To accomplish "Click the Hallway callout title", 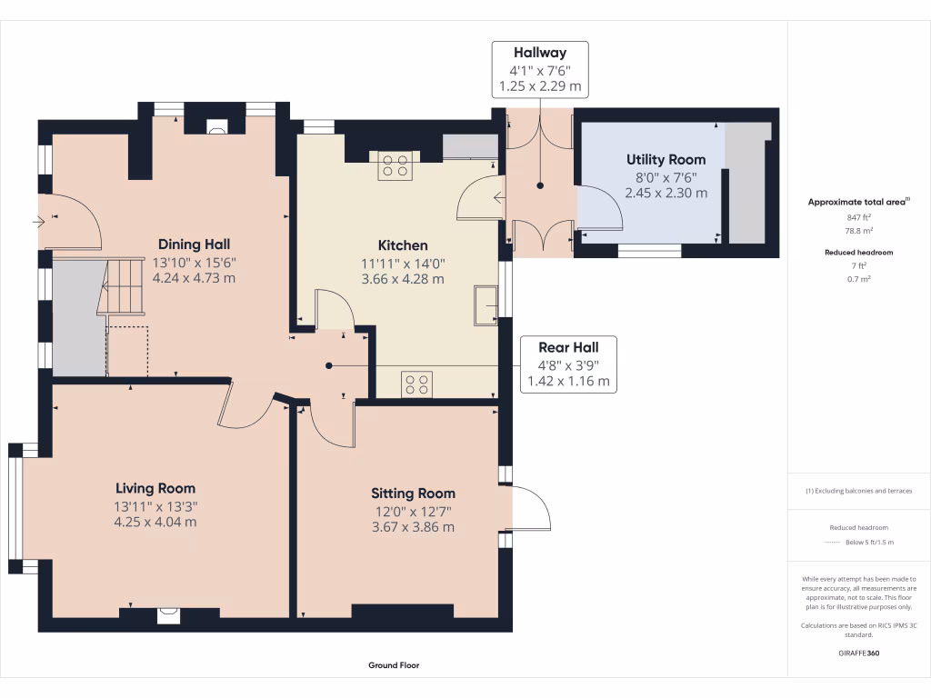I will tap(540, 54).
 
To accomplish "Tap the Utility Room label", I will tap(666, 159).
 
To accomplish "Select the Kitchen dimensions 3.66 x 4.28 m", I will tap(402, 279).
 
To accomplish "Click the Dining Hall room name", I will tap(194, 244).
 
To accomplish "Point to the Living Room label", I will tap(155, 488).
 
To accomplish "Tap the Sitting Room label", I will tap(413, 494).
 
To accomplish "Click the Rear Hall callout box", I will tap(568, 364).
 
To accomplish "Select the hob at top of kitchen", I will tap(395, 165).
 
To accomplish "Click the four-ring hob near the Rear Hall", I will tap(417, 384).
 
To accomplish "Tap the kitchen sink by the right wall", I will tap(485, 304).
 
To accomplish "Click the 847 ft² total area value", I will tap(859, 218).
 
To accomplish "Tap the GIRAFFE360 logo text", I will tap(859, 653).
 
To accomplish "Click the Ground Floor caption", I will tap(394, 665).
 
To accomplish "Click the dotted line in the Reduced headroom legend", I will tap(832, 543).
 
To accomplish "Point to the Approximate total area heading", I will tap(859, 202).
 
